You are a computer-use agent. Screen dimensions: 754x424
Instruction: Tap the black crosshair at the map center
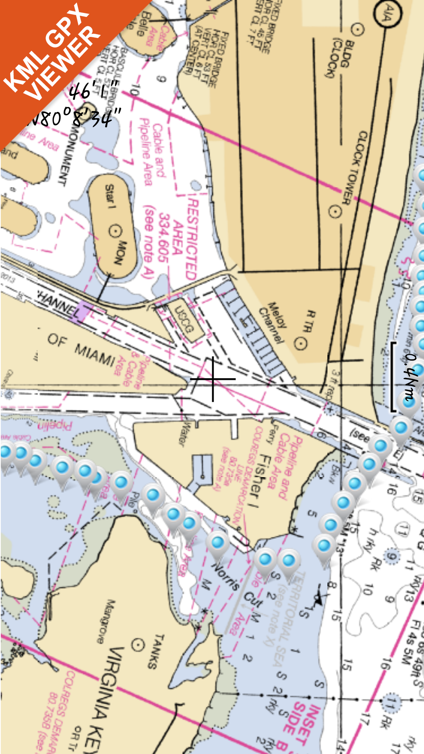click(x=213, y=379)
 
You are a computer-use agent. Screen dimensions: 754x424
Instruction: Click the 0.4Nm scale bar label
click(x=410, y=377)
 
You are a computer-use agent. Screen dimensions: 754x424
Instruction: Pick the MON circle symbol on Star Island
click(x=115, y=231)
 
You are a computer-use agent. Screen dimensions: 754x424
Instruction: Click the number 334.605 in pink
click(x=163, y=238)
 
